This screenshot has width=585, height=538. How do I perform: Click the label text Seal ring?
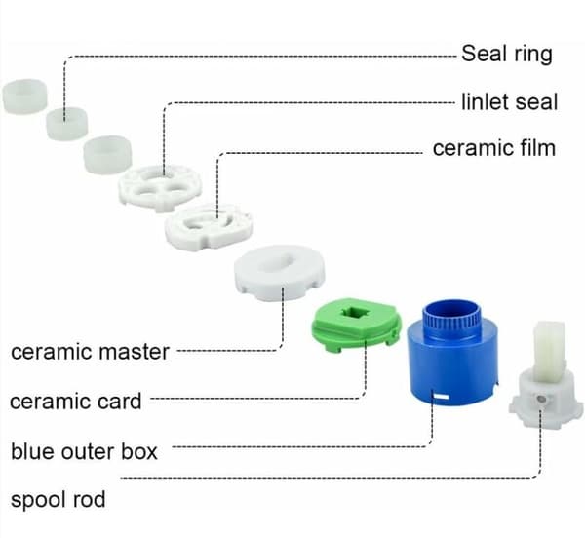click(507, 54)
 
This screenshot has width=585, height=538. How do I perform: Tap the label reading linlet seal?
click(510, 101)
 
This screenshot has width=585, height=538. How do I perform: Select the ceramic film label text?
click(494, 148)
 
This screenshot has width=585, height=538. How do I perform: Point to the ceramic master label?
click(91, 351)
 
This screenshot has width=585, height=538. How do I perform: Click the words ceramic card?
click(76, 402)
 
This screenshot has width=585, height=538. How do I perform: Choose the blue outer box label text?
click(84, 451)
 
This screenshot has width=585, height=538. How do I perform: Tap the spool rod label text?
click(58, 499)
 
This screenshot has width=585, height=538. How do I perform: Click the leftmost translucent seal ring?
click(25, 96)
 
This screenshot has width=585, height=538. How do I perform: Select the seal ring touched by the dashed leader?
click(66, 124)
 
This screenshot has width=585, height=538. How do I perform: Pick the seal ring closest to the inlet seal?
click(107, 154)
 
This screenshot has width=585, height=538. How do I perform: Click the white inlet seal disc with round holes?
click(160, 187)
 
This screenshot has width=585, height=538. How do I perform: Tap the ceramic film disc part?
click(209, 227)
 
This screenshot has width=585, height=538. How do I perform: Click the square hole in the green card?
click(356, 312)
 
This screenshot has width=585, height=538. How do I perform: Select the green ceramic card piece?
click(357, 324)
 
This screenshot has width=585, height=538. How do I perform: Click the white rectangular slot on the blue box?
click(442, 397)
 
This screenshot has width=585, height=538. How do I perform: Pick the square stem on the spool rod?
click(549, 351)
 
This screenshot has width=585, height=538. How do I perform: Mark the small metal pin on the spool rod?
click(540, 400)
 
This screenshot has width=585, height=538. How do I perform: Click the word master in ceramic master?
click(136, 351)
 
